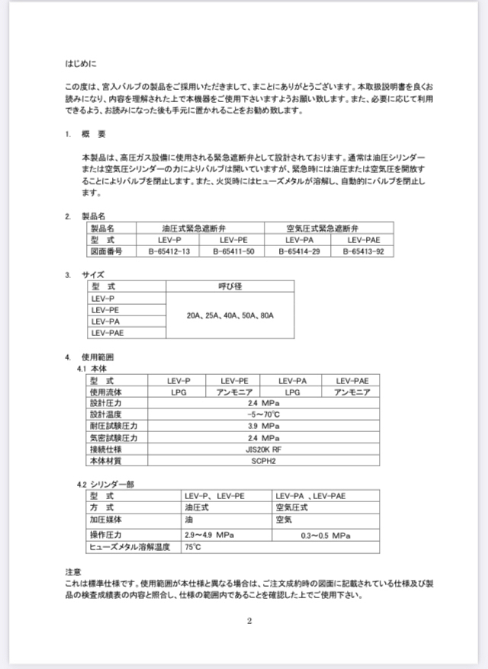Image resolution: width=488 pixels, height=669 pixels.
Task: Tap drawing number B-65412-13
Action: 169,251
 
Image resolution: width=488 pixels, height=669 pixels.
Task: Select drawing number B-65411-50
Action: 233,251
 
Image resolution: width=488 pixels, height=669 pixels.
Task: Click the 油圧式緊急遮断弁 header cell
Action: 201,228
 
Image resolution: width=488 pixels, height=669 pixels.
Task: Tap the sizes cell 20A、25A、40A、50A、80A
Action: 230,315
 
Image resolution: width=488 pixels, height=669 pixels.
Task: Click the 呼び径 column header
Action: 230,286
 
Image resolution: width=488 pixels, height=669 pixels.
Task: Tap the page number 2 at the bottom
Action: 249,620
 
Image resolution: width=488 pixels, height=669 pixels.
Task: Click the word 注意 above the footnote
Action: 73,571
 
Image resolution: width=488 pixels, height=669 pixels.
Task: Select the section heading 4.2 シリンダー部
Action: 106,484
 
